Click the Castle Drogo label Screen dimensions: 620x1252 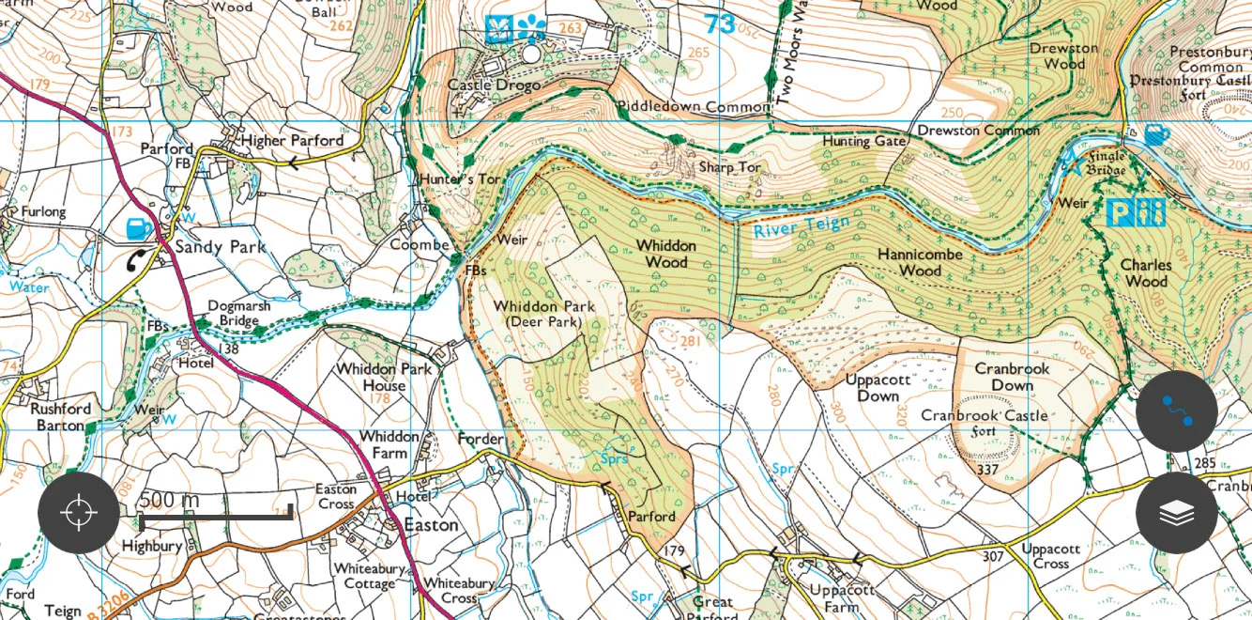(494, 85)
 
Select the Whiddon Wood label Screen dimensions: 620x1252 (666, 254)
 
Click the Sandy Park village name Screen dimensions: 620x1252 (221, 247)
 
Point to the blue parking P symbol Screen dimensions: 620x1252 (1122, 212)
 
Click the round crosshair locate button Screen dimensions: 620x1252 (79, 513)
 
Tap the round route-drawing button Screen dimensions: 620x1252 (1177, 411)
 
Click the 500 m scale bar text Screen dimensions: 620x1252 (169, 500)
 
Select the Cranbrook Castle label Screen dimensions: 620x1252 (984, 415)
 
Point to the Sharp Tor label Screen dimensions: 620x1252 (729, 168)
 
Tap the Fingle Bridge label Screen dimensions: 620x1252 (1106, 163)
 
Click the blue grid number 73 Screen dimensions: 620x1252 (720, 23)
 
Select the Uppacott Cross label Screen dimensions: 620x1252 (1050, 556)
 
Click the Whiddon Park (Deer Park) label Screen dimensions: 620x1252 (544, 314)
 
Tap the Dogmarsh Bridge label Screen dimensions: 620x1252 (233, 313)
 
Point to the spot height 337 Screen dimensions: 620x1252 (987, 469)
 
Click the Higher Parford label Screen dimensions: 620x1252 (292, 140)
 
